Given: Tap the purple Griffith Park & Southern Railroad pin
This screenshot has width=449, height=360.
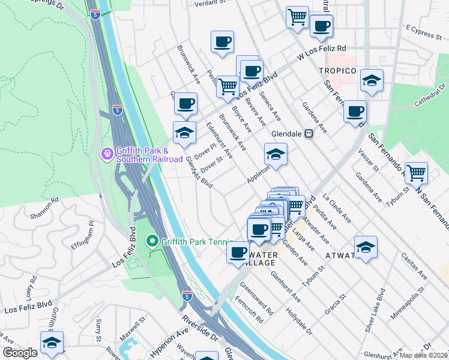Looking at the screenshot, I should tap(107, 154).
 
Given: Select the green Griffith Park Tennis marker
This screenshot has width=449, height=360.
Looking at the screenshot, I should tap(152, 242).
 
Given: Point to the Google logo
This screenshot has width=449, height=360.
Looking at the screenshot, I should tap(20, 353).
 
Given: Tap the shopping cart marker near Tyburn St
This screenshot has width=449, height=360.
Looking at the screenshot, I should tap(415, 173).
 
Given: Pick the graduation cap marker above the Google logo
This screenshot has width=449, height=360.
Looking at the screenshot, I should tap(52, 343).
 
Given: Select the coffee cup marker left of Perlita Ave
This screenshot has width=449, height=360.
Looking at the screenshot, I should tap(222, 42).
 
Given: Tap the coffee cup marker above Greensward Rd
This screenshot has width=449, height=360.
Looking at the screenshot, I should tap(238, 251).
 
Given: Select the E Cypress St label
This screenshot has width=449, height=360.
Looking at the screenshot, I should tap(423, 31).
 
